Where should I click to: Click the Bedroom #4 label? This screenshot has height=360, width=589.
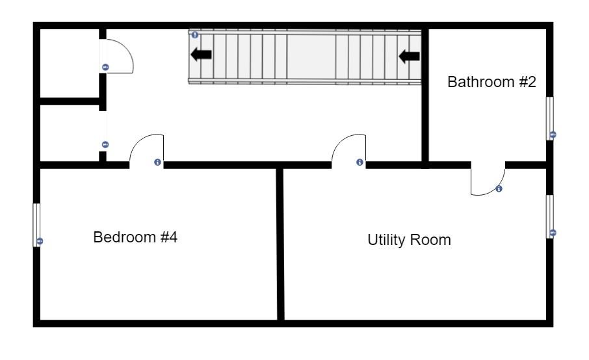coord(135,237)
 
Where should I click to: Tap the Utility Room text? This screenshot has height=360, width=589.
coord(409,240)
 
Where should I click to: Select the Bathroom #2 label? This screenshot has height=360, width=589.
coord(491,82)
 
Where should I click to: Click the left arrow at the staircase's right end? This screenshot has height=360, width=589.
coord(409,57)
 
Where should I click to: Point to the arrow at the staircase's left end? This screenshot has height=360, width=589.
coord(201,55)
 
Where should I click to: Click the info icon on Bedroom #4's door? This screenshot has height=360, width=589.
coord(158,162)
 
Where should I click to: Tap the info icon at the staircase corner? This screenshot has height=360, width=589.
coord(194,35)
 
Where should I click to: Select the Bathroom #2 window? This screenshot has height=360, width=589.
coord(549,119)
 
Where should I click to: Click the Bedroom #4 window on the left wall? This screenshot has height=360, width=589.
coord(36,225)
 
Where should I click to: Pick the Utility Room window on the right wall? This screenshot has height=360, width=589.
coord(549,216)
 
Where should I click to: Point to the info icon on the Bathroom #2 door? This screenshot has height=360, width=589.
coord(499,189)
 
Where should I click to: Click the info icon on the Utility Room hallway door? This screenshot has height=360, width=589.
coord(360,162)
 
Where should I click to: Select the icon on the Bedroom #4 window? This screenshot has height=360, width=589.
coord(40,241)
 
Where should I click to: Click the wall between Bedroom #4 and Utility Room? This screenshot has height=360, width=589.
coord(280,244)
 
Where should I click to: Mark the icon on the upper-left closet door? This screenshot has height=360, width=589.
coord(105,67)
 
